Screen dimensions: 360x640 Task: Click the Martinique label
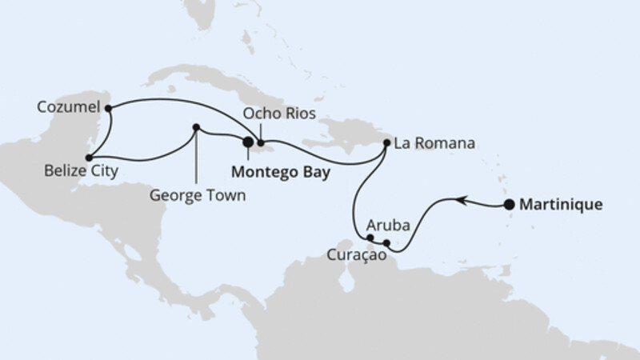click(561, 204)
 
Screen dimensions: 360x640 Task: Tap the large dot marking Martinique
click(509, 205)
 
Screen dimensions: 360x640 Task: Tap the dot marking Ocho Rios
click(261, 142)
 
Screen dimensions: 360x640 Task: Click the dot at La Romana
click(387, 143)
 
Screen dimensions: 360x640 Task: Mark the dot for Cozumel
click(109, 106)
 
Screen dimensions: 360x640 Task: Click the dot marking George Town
click(196, 126)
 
